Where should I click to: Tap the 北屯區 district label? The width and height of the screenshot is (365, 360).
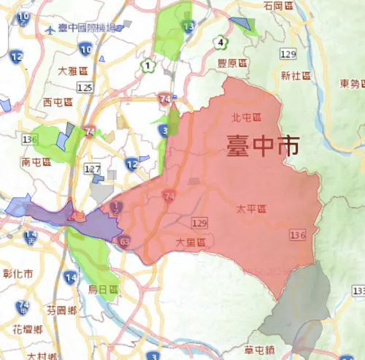click(246, 117)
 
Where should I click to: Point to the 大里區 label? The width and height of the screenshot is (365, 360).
click(191, 241)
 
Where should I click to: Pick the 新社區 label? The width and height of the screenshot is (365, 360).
click(296, 75)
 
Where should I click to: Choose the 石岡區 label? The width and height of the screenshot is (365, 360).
click(279, 6)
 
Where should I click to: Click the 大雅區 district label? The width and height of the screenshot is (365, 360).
click(73, 72)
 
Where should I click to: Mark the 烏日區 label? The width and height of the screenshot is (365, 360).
click(103, 289)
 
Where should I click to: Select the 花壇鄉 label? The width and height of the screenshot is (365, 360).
click(28, 328)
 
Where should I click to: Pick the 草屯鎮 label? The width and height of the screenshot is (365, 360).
click(259, 348)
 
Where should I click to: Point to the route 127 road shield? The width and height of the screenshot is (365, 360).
click(93, 169)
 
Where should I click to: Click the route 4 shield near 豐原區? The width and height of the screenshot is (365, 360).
click(220, 42)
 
